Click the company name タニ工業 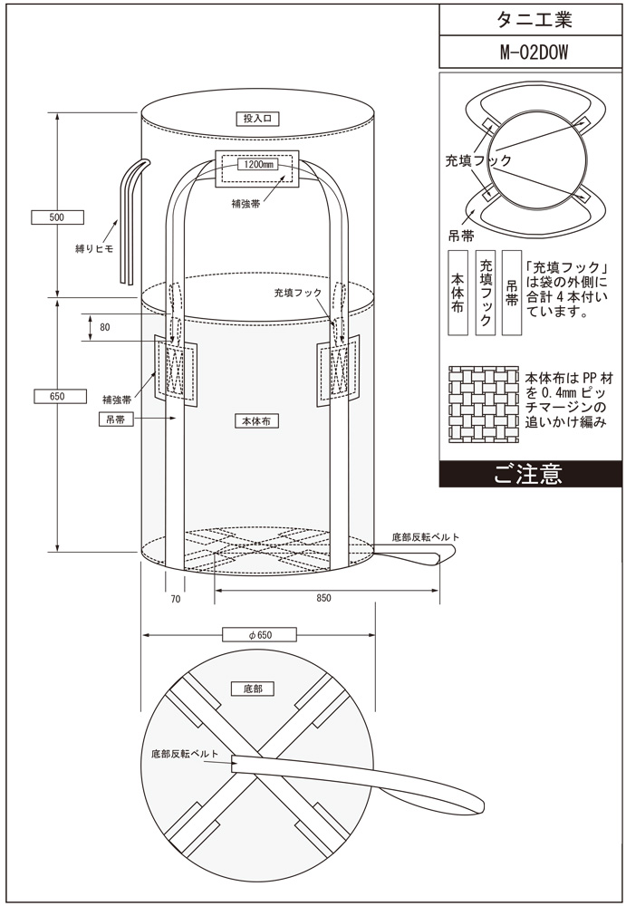point(531,18)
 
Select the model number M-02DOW point(531,52)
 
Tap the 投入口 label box point(258,118)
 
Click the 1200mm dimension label point(258,165)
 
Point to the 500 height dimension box point(58,217)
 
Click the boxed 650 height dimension point(58,395)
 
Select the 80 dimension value point(106,328)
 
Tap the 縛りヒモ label point(94,246)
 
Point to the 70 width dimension point(176,598)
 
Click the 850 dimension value point(324,598)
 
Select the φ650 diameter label point(259,635)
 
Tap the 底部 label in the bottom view point(253,689)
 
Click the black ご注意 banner point(530,474)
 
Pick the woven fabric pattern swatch point(484,405)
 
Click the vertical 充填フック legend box point(486,294)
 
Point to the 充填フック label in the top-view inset point(478,160)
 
